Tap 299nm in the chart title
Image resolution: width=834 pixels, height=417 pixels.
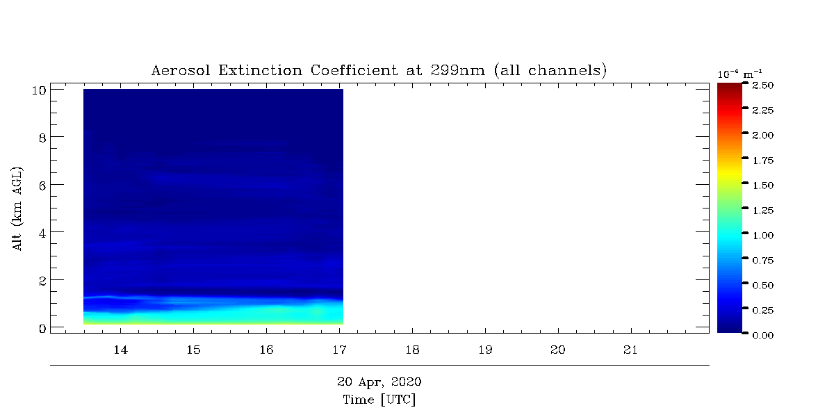point(458,70)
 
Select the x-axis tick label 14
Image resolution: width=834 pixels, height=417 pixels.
point(120,350)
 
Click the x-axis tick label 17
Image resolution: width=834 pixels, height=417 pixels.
point(339,350)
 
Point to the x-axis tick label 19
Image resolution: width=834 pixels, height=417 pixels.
point(485,350)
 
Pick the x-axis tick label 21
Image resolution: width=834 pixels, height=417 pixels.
point(631,350)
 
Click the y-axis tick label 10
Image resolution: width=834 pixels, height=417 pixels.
point(39,90)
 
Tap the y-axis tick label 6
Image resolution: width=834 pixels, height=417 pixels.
point(42,186)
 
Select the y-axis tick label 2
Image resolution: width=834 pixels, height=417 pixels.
point(42,281)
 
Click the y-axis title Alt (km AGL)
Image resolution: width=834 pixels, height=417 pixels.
point(17,209)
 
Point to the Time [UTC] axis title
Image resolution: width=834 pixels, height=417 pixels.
point(379,400)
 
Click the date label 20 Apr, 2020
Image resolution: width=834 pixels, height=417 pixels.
point(379,382)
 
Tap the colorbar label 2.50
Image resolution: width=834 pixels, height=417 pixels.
point(763,85)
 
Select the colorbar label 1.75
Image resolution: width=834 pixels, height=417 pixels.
point(763,161)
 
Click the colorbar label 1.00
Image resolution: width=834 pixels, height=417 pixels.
point(763,236)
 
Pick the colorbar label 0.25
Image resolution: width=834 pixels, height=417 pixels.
point(763,311)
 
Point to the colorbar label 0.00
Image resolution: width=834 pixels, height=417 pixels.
point(763,336)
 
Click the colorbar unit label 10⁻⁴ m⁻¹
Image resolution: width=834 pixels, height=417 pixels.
point(739,74)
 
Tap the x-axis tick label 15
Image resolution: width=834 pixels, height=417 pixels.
point(193,350)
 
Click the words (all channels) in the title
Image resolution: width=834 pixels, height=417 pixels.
point(550,70)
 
